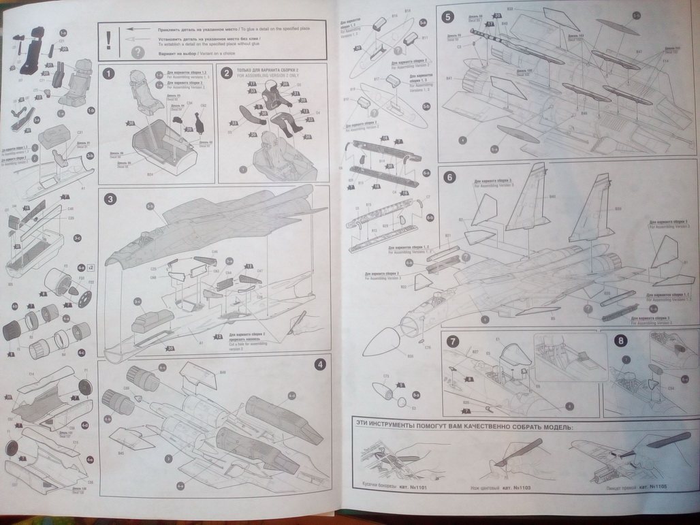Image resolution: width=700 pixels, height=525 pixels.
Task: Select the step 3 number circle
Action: [109, 199]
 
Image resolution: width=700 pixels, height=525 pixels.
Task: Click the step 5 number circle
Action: [447, 18]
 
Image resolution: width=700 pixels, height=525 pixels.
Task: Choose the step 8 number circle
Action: [620, 341]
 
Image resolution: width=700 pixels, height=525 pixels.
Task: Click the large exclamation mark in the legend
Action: [108, 40]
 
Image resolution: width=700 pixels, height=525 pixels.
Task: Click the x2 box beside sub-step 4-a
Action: [91, 268]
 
